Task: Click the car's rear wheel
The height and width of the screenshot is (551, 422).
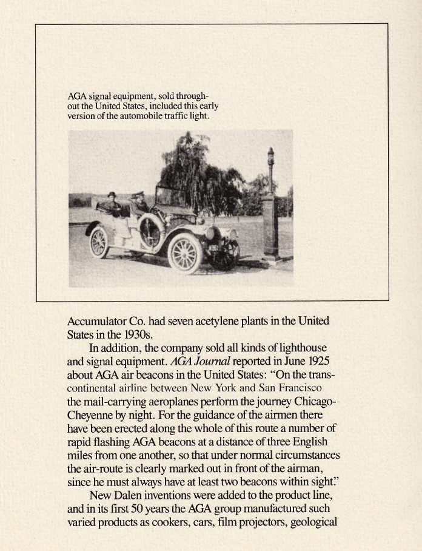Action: point(99,242)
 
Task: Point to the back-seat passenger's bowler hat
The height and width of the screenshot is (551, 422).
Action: point(112,194)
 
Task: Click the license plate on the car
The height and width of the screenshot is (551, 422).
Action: point(214,248)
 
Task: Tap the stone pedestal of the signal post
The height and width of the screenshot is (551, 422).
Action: point(270,228)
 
